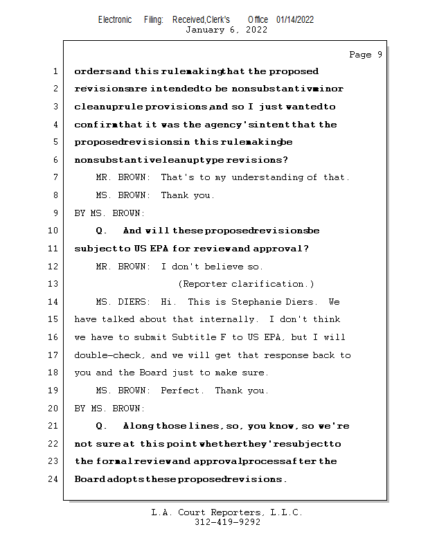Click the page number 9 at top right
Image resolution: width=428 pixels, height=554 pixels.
point(380,55)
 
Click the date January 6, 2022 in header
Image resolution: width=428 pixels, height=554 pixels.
point(226,30)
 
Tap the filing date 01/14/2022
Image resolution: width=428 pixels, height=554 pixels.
point(295,19)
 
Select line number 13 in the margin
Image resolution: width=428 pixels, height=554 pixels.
point(54,284)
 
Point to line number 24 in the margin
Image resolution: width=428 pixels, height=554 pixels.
point(54,479)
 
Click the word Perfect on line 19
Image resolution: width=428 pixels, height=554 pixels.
point(182,391)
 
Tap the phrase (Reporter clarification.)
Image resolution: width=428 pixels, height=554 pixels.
point(246,284)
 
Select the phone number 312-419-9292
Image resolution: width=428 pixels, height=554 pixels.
point(227,523)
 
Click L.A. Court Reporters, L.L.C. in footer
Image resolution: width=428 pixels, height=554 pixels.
point(227,513)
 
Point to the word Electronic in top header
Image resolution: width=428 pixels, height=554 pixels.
point(115,19)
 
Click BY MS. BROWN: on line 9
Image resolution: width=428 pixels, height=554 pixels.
point(109,213)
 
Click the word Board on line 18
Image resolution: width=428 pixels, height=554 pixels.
point(155,373)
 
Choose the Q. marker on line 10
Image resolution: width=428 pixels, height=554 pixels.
point(102,231)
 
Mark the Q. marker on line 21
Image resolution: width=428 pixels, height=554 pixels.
point(102,426)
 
